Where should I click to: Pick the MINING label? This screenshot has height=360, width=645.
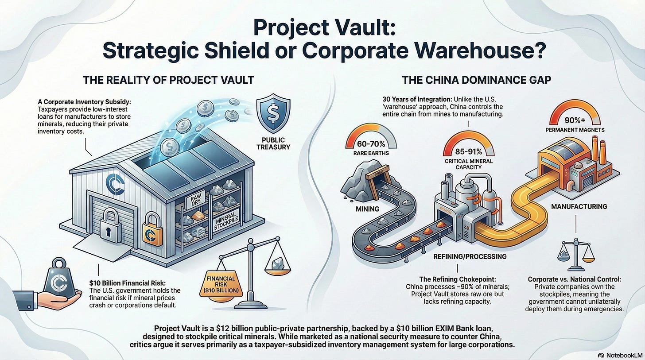point(367,208)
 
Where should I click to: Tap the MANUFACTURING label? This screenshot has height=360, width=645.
point(579,206)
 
